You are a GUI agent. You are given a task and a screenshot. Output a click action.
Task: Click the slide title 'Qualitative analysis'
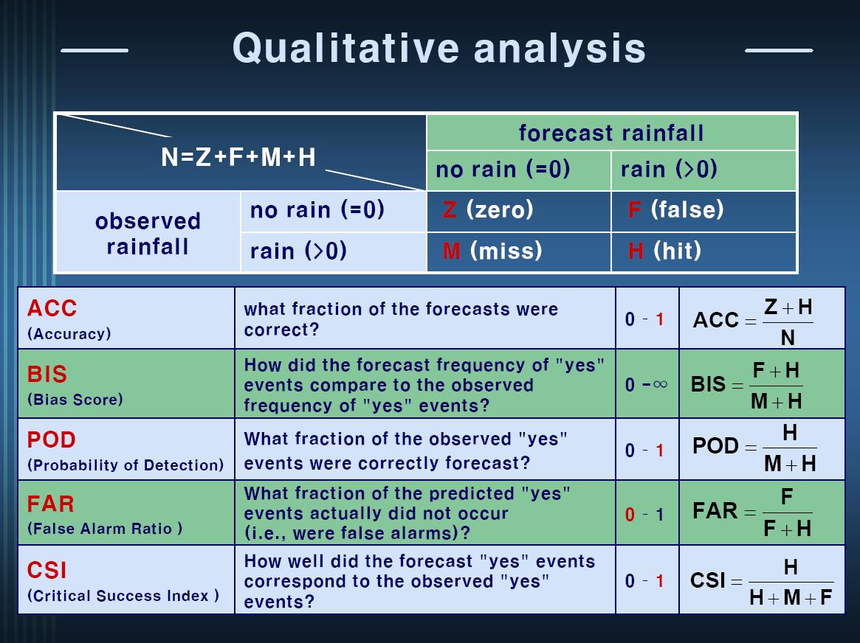point(439,48)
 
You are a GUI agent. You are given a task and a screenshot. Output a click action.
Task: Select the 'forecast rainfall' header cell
point(611,133)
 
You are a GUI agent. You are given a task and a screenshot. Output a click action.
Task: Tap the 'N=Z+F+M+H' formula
point(238,157)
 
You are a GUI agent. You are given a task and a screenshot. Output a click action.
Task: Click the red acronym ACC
point(52,308)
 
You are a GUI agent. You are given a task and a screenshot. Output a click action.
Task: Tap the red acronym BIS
point(47,374)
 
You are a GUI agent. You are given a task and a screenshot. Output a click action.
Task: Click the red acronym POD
point(52,439)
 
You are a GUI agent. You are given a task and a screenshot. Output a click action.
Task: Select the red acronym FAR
point(50,504)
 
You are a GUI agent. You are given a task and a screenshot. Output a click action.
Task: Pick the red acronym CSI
point(47,570)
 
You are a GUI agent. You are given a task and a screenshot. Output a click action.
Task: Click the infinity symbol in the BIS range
point(661,384)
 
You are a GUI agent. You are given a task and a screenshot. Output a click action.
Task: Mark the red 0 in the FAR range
point(630,515)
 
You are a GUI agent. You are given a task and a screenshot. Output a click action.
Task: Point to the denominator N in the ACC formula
point(788,338)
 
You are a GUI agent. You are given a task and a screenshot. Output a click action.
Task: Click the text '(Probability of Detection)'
point(125,465)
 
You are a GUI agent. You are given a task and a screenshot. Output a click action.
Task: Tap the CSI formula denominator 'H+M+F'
point(791,597)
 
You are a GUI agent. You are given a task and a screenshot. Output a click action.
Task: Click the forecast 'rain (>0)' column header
point(669,170)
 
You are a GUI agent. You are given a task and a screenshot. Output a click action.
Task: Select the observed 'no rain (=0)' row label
point(317,209)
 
